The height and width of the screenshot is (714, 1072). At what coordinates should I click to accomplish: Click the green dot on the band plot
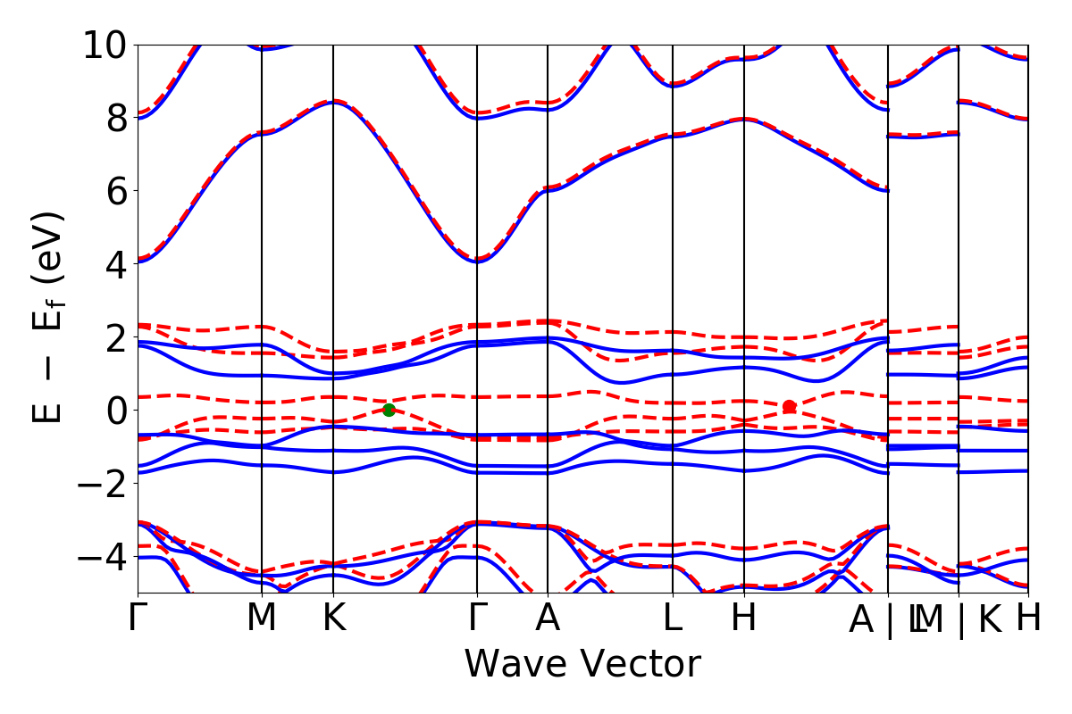(x=389, y=410)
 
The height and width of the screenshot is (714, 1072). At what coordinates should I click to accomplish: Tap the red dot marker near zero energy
(x=789, y=407)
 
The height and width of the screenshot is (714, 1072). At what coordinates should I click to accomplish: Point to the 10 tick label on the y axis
(x=107, y=45)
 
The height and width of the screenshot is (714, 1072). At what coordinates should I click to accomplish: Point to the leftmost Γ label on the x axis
(x=138, y=619)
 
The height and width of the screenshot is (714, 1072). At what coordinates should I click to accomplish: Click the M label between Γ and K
(x=262, y=619)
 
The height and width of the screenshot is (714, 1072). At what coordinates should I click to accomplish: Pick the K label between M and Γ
(x=333, y=619)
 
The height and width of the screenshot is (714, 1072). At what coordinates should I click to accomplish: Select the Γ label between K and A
(x=477, y=619)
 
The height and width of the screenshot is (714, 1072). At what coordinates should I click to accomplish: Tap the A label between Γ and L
(x=547, y=619)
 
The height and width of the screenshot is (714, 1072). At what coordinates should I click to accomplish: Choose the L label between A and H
(x=673, y=619)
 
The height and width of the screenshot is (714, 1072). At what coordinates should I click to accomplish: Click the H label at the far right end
(x=1028, y=619)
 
